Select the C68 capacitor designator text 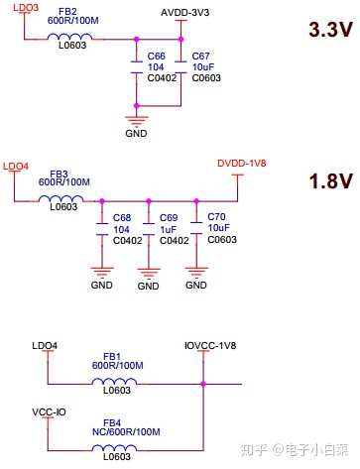[122, 217]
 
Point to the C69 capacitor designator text [169, 217]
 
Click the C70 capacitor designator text [217, 217]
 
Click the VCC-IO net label [49, 410]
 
